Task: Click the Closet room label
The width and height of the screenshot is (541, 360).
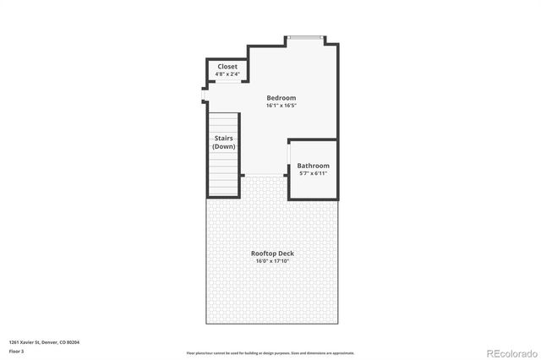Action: [227, 66]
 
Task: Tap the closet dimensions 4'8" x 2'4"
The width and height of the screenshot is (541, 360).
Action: [227, 74]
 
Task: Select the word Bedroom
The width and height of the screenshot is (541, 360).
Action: [281, 97]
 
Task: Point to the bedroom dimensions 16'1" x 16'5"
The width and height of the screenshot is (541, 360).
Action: [281, 106]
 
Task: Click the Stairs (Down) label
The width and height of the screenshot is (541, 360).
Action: [224, 142]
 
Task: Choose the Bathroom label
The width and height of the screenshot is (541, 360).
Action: [313, 166]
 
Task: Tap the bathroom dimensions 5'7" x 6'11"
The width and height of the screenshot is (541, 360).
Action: [313, 173]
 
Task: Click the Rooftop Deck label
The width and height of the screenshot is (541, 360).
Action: [272, 254]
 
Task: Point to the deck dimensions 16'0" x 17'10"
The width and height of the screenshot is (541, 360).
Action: [272, 261]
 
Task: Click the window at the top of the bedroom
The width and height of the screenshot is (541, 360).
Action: [304, 37]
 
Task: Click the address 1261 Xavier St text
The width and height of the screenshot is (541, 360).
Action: [29, 342]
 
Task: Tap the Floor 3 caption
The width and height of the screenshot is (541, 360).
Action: [16, 350]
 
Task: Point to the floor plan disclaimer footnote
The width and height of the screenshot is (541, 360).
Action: [270, 352]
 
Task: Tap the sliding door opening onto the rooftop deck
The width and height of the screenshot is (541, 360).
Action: [265, 176]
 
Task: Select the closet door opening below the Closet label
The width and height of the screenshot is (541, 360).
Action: [227, 83]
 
